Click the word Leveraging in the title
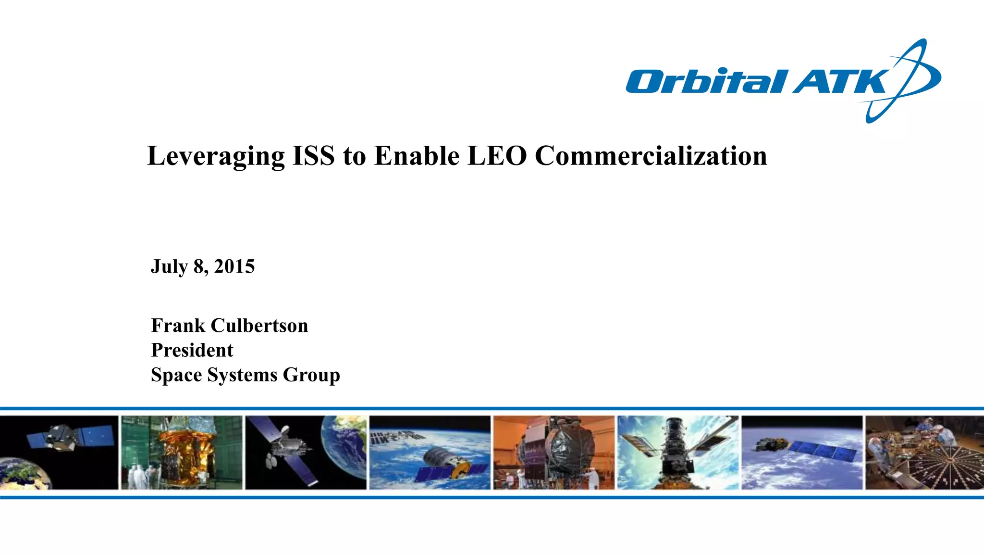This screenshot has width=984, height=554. click(x=216, y=156)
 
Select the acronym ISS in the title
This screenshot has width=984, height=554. click(x=313, y=156)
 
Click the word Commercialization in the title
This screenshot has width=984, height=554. click(x=651, y=156)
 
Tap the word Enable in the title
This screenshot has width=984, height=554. click(x=417, y=156)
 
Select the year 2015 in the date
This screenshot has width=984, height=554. click(x=234, y=266)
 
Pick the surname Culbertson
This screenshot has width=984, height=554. click(x=259, y=326)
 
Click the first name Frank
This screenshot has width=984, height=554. click(x=178, y=326)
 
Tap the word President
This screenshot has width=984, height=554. click(x=192, y=350)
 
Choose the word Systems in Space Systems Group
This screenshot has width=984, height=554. click(x=243, y=375)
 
